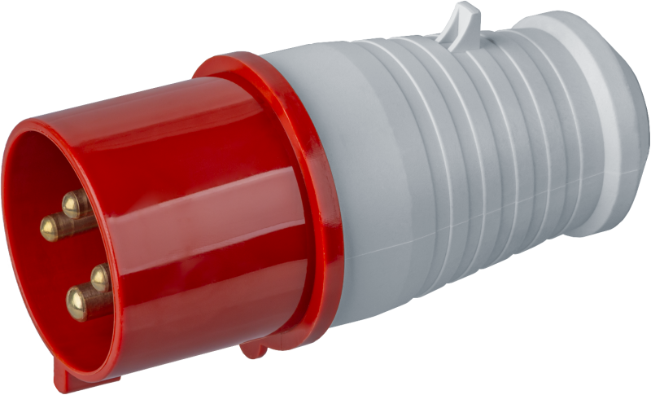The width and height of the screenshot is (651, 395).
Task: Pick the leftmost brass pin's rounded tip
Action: point(50,227)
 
